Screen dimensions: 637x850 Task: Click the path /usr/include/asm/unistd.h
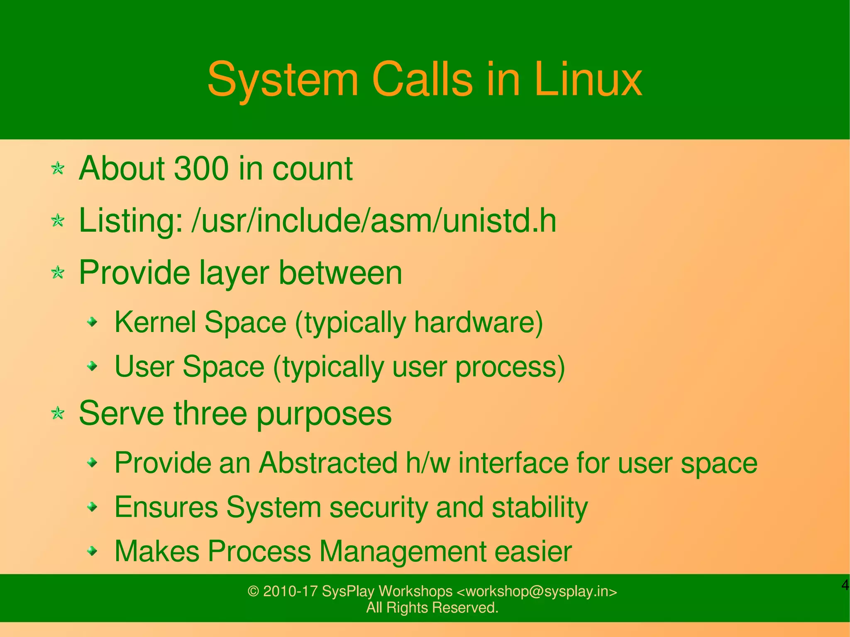point(374,220)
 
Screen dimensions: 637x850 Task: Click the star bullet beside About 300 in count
point(58,168)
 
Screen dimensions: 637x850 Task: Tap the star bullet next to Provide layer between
point(58,273)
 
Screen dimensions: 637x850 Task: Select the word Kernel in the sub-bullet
point(155,322)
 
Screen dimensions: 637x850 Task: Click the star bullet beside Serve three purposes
point(58,413)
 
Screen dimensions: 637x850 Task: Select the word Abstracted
point(328,462)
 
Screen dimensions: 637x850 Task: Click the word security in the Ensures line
point(378,507)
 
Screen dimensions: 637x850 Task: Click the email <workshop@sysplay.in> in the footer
point(537,591)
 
